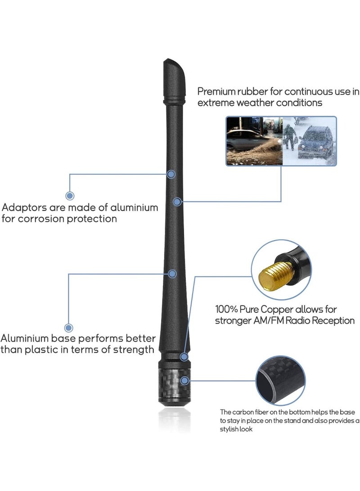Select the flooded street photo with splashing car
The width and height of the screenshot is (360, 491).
[x=255, y=141]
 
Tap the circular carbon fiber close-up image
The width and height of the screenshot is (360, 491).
[x=280, y=380]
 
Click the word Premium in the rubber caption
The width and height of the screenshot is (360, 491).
[x=216, y=91]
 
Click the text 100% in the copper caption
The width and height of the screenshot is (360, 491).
[x=226, y=309]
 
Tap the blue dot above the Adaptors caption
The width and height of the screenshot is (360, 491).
[x=70, y=196]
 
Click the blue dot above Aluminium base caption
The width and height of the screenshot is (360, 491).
[x=68, y=328]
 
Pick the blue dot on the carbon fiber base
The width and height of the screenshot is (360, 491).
[x=184, y=381]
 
